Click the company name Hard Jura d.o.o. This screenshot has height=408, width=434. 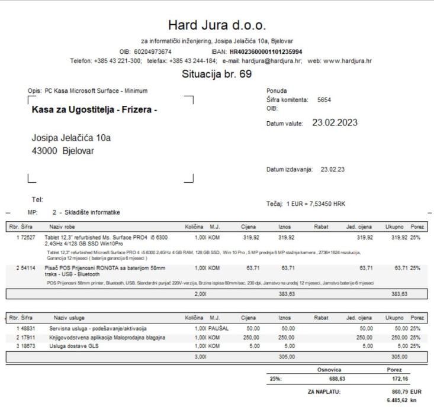[217, 25]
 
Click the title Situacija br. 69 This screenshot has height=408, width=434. [217, 75]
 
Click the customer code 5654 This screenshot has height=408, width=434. [324, 99]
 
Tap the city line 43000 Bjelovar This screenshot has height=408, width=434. [63, 150]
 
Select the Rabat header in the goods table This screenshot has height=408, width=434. [322, 226]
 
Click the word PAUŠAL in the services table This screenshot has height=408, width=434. [218, 328]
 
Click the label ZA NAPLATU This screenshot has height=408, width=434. [323, 391]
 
